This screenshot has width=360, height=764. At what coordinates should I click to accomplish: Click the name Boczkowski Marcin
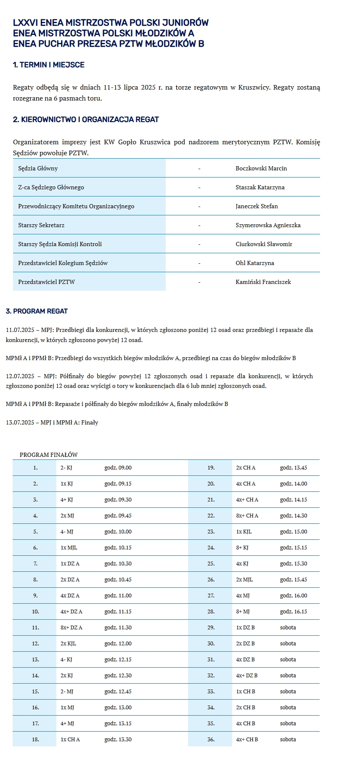(x=261, y=168)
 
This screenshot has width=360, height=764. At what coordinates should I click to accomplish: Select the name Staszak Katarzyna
(x=260, y=187)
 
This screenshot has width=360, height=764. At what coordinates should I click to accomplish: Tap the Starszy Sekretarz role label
(x=41, y=225)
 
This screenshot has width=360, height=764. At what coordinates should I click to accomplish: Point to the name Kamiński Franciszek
(x=263, y=282)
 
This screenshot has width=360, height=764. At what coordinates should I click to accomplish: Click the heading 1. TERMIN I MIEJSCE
(x=49, y=65)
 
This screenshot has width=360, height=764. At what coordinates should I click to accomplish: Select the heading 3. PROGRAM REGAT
(x=37, y=311)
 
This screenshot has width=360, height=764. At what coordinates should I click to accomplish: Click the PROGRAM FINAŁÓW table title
(x=48, y=455)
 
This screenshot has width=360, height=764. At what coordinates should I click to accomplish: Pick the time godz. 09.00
(x=118, y=468)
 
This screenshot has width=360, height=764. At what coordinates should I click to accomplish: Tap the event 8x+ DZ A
(x=71, y=628)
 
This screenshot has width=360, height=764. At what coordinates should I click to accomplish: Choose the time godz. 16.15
(x=294, y=612)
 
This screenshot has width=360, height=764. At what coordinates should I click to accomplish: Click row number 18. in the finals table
(x=35, y=740)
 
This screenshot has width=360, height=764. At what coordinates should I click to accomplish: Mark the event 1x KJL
(x=244, y=532)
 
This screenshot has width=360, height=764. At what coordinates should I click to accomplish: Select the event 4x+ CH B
(x=247, y=740)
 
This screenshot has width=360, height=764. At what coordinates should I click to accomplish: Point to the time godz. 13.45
(x=294, y=468)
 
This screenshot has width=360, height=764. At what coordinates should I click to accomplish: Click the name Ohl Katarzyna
(x=255, y=263)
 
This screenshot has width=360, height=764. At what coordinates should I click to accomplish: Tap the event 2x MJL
(x=244, y=580)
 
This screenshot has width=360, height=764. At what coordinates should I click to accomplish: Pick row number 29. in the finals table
(x=211, y=628)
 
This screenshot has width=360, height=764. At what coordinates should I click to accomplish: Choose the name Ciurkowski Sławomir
(x=264, y=244)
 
